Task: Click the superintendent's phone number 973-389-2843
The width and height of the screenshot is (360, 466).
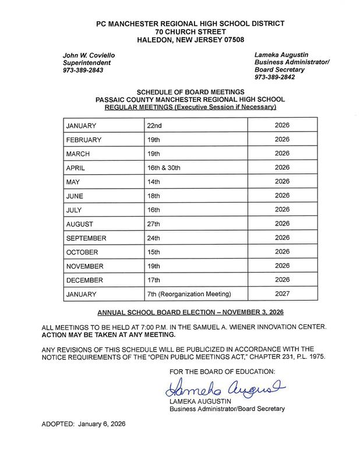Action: [x=84, y=70]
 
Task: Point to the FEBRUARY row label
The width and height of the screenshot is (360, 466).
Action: [x=84, y=139]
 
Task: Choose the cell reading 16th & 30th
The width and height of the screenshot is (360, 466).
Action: [x=164, y=167]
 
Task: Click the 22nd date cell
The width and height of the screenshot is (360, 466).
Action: [x=156, y=125]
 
